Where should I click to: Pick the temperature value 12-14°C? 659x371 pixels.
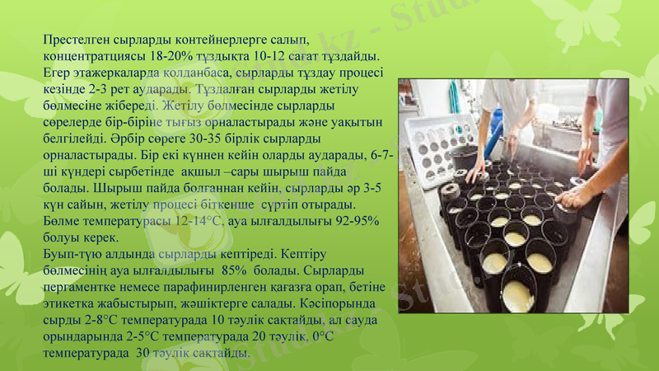[x=197, y=221]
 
